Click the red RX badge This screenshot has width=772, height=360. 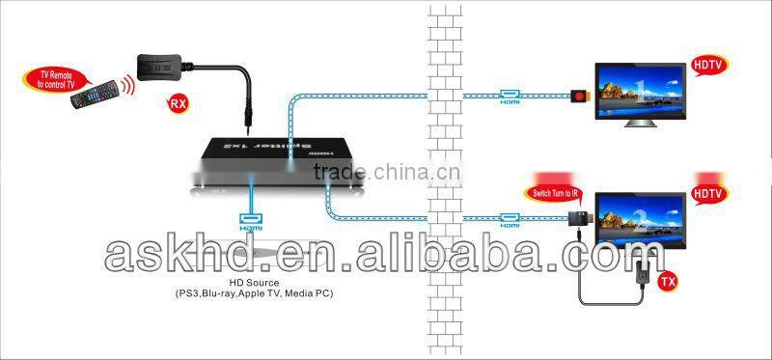pos(178,101)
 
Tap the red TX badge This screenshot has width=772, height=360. pos(666,283)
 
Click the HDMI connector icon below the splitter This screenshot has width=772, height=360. pos(252,218)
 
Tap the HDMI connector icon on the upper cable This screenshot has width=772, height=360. pos(509,96)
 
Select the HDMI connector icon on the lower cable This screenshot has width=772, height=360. pos(509,218)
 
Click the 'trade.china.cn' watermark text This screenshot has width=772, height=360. pos(386,172)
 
